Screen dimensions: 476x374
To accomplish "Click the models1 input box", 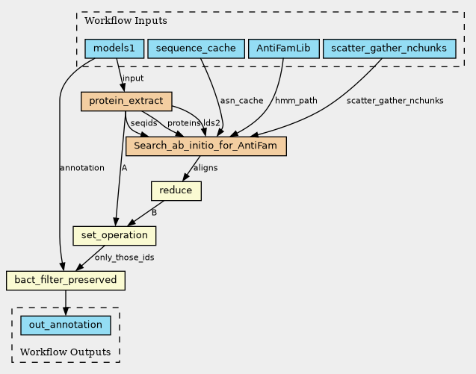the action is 114,49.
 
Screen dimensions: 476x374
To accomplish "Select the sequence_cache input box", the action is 196,49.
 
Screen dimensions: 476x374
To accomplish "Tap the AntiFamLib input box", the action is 283,49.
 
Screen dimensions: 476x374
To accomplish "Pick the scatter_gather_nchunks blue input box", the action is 389,49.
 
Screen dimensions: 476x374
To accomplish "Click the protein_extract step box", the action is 126,102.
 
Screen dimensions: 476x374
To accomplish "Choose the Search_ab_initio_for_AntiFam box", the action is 205,146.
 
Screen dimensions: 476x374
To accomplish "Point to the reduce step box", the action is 176,191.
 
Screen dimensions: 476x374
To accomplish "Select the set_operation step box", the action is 114,236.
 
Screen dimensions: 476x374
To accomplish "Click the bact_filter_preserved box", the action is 66,281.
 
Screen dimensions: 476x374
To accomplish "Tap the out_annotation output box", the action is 66,325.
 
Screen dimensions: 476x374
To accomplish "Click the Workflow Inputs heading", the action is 126,21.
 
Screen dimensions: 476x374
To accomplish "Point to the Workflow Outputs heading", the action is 65,352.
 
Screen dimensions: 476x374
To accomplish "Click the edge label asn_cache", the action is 241,101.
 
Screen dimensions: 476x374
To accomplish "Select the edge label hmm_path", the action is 296,101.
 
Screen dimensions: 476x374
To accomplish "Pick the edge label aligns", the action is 205,168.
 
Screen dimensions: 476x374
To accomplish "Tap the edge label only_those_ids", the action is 125,258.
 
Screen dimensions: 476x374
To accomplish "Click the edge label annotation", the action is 82,168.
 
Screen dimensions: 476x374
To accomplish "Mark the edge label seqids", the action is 143,123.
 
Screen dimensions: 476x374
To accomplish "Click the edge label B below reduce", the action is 154,213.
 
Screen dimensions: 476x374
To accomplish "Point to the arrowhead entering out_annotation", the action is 66,311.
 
